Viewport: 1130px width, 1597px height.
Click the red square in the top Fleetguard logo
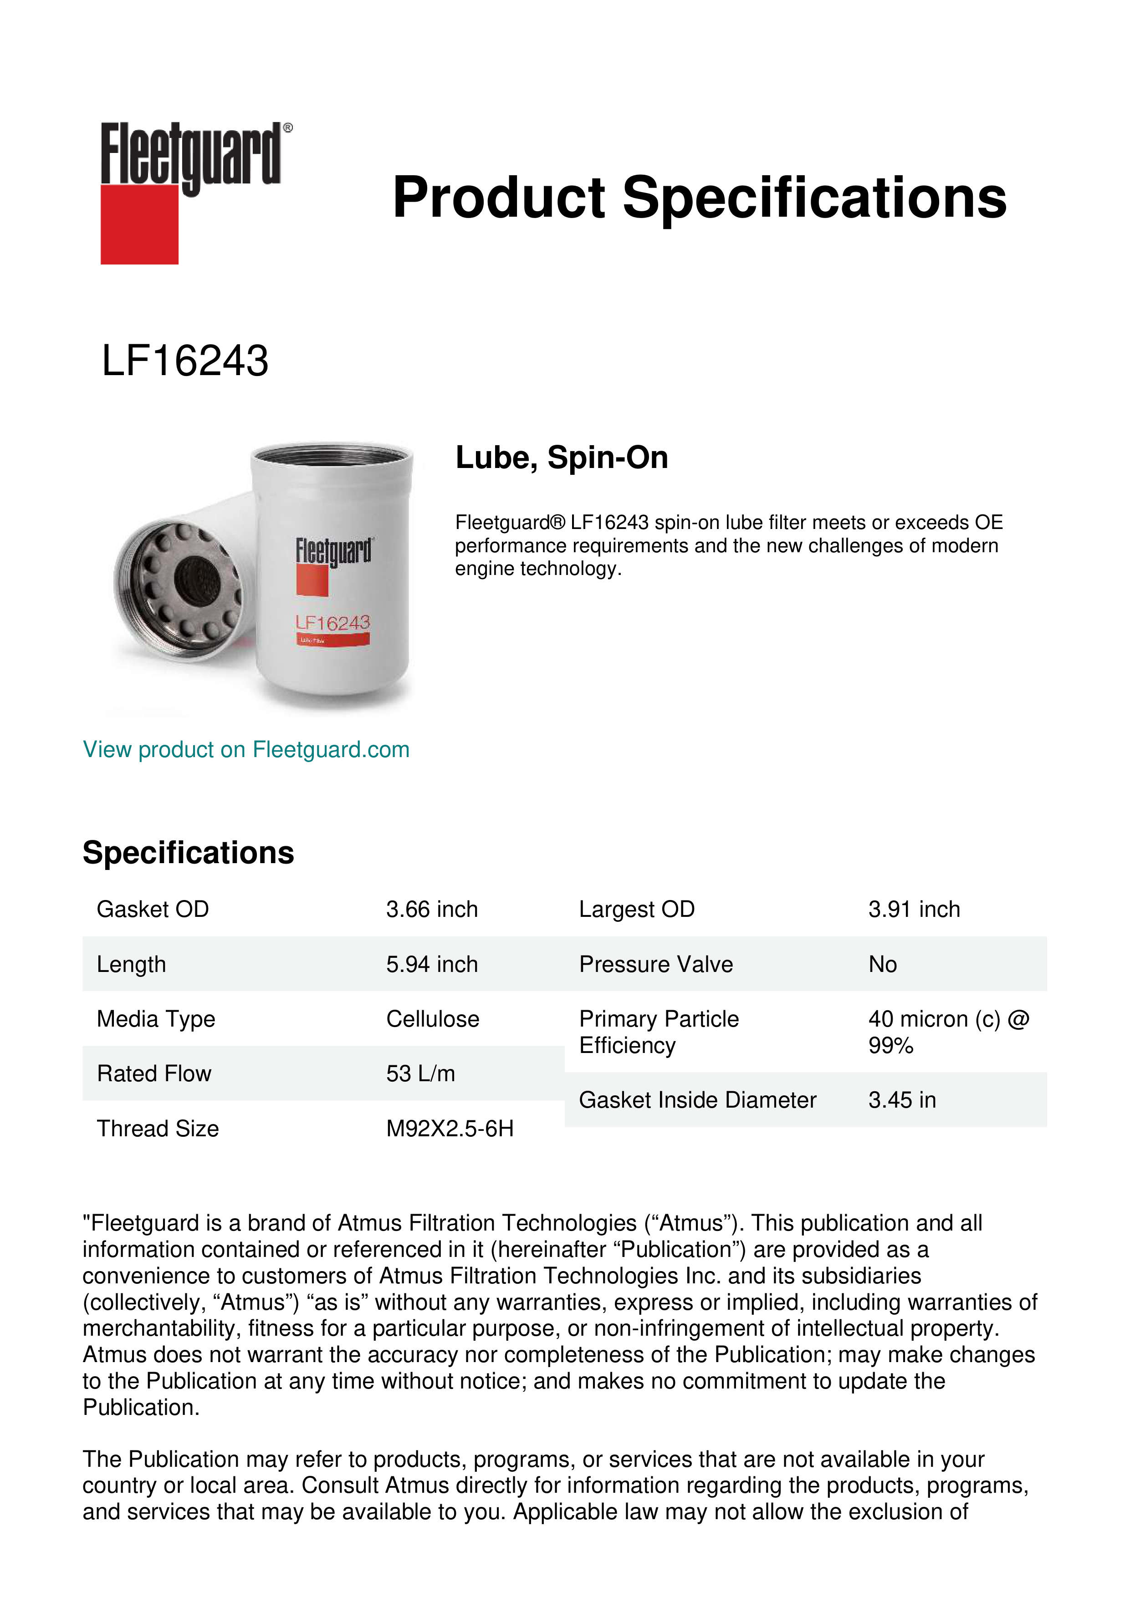(x=139, y=224)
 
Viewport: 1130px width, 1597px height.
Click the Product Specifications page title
(x=699, y=198)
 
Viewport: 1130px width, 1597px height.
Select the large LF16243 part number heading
(x=185, y=361)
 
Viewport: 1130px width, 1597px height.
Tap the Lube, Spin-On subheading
(x=562, y=458)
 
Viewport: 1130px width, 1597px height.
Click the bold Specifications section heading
(x=189, y=853)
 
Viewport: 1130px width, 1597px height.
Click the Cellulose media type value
(x=433, y=1019)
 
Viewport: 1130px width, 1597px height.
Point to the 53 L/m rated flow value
(x=420, y=1073)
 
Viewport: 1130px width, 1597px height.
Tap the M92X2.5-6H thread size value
(x=450, y=1128)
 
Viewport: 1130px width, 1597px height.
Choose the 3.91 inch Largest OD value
(x=914, y=909)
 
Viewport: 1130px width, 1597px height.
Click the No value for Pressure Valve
(x=882, y=964)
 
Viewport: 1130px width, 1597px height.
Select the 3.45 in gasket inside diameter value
(x=902, y=1100)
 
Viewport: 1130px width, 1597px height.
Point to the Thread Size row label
(x=158, y=1128)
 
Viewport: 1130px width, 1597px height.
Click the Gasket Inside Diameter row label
(x=697, y=1100)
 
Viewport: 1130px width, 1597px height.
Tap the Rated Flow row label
(x=154, y=1073)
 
